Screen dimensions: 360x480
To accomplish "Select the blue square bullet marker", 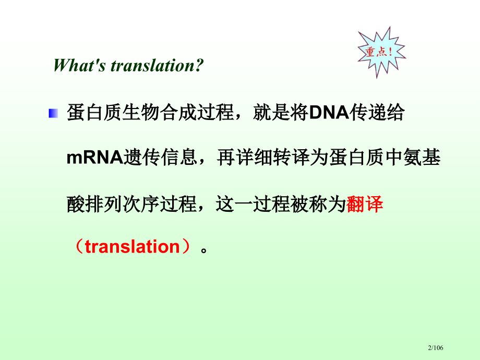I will pos(54,113).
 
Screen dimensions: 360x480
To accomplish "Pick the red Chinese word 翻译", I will pos(365,204).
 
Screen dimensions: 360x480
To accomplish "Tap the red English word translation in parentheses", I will pos(132,246).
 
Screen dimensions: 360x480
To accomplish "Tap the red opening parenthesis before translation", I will pos(77,246).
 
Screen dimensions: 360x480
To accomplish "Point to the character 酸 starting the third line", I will pos(76,204).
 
